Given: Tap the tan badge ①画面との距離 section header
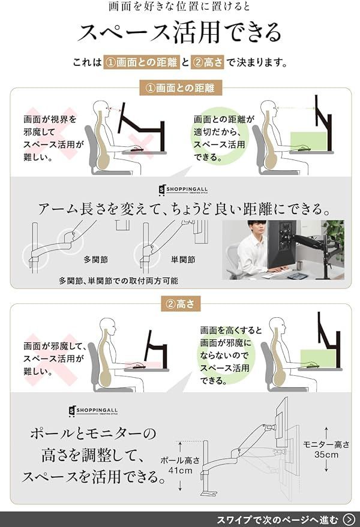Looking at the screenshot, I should pos(181,88).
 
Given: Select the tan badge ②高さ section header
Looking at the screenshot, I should pos(181,303).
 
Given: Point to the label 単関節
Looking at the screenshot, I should pos(183,260).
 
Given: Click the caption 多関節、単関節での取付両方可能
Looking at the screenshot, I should pos(118,280).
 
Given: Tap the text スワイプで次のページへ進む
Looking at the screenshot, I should pos(277,519).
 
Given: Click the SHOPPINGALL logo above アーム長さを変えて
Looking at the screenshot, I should pos(181,189).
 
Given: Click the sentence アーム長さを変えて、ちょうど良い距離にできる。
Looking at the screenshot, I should pos(180,210).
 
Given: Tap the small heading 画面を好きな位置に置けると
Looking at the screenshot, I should pos(180,7).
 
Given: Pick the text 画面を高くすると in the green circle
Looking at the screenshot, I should pos(231,330).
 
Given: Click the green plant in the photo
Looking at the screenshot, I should pos(334,234).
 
